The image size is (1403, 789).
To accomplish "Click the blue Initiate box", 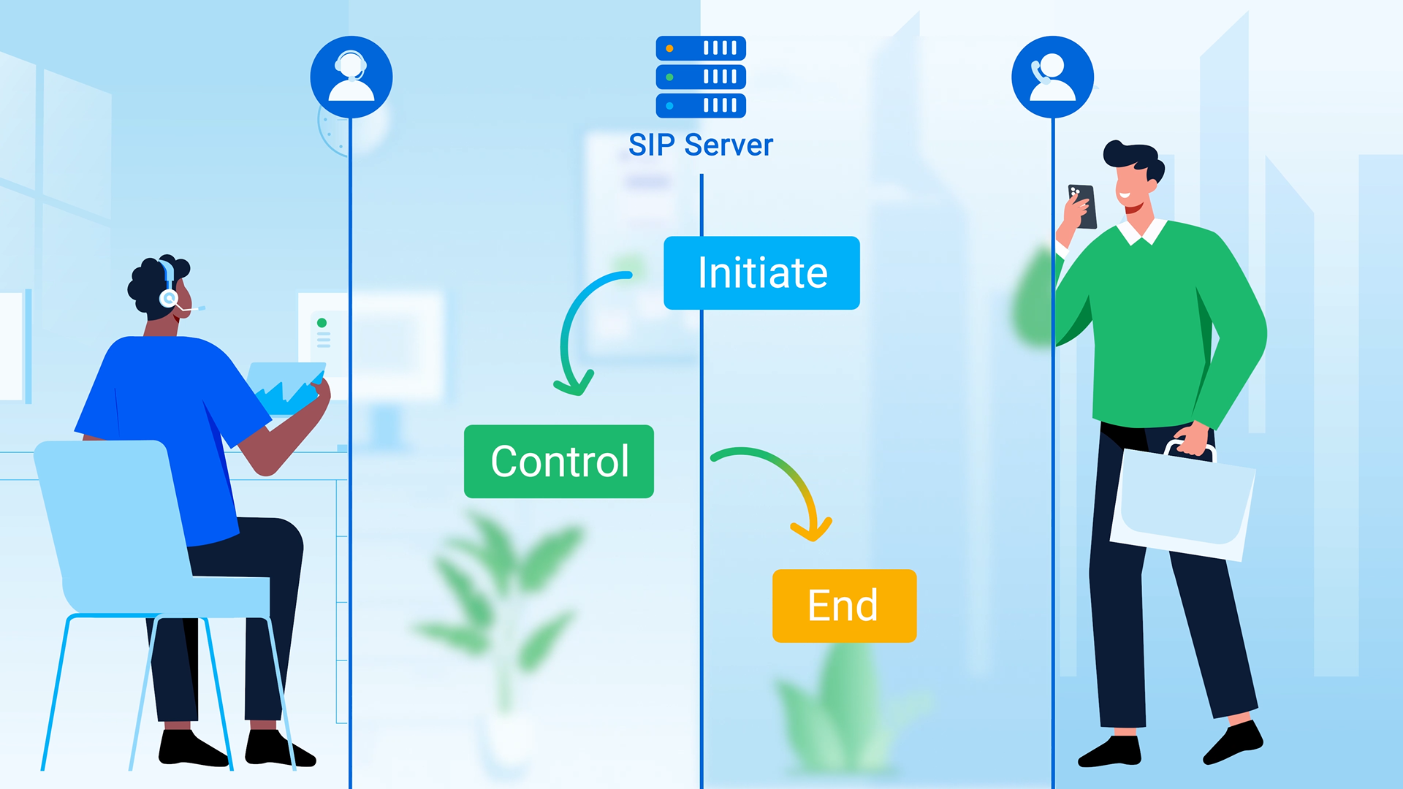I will point(761,272).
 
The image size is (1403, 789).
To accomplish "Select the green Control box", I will point(559,461).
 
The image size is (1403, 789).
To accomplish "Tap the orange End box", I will point(844,606).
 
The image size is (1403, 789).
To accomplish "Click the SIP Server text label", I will point(700,145).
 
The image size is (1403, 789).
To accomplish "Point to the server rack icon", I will point(700,77).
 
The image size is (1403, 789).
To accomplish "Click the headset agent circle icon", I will point(351,77).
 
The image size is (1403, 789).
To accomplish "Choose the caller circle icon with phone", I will point(1052,77).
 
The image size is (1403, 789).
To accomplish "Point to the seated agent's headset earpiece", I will point(169,298).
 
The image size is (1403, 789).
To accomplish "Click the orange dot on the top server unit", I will point(669,49).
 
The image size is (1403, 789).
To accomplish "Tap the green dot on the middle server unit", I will point(669,77).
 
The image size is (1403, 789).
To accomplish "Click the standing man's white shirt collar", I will point(1142,232).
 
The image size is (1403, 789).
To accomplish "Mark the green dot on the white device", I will point(322,323).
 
